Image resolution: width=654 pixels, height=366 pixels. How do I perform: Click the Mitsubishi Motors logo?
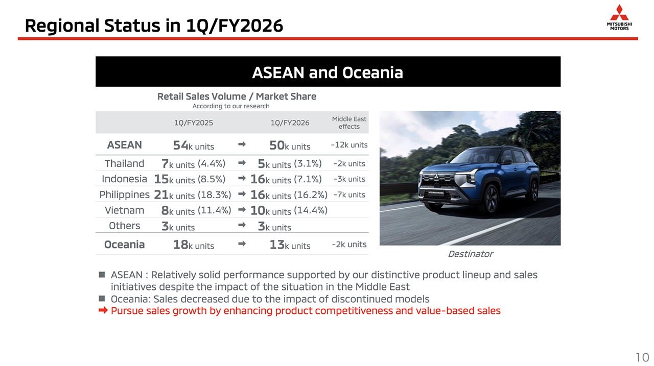(619, 17)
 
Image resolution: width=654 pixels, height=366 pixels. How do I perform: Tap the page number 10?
(642, 357)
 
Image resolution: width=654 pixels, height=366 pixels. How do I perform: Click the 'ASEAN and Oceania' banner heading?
(328, 72)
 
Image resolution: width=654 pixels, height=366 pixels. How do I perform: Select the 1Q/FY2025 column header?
(194, 123)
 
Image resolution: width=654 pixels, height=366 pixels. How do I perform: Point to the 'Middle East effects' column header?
(349, 123)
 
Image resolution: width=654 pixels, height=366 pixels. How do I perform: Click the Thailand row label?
(124, 163)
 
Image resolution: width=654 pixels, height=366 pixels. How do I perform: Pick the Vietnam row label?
(124, 210)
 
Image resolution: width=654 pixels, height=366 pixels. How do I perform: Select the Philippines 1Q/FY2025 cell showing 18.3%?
(193, 195)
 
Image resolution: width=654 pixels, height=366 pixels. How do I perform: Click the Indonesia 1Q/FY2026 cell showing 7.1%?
(286, 179)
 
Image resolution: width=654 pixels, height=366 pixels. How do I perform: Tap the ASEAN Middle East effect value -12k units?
(349, 145)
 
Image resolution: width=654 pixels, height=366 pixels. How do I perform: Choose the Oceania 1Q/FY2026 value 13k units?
(290, 245)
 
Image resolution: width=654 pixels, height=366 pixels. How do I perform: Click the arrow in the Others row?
(242, 225)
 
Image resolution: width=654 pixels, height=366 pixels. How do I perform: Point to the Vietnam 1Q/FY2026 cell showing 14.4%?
(289, 210)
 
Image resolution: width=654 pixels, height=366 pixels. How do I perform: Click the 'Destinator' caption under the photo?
(471, 254)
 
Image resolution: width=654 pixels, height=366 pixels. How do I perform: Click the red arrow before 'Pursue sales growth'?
(103, 310)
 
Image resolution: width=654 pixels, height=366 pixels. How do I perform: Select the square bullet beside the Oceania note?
(102, 298)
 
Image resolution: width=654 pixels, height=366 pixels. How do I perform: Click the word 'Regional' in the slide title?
(62, 26)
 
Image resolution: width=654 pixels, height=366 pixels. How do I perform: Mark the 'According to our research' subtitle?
(230, 106)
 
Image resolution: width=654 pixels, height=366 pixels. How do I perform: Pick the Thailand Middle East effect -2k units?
(349, 164)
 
